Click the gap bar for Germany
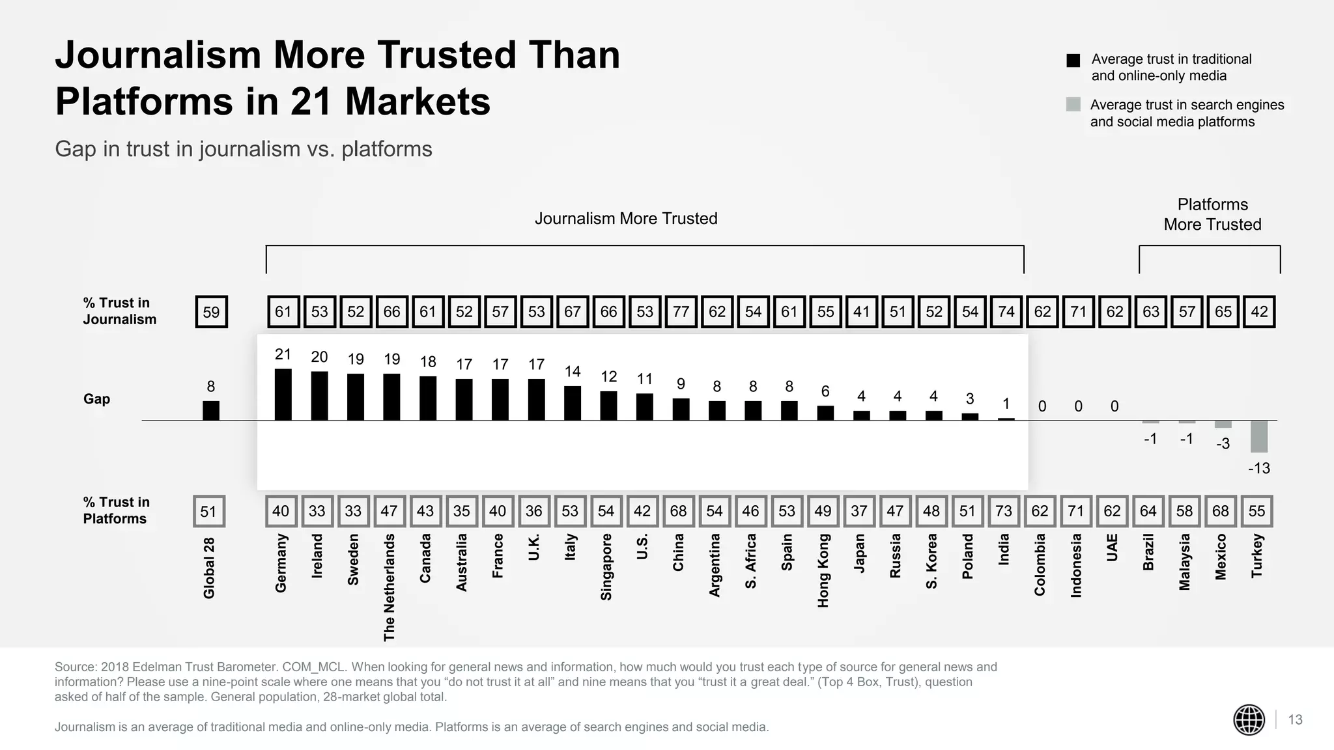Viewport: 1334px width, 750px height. pos(283,395)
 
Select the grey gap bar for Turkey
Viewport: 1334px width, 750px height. pos(1258,436)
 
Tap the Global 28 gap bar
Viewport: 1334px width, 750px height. pos(211,410)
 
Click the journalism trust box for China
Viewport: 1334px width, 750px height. pos(681,312)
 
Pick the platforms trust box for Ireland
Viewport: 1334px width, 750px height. pos(317,511)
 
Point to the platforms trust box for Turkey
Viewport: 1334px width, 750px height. pos(1256,511)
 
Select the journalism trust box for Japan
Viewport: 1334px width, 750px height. pos(861,312)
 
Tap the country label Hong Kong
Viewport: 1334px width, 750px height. pos(823,570)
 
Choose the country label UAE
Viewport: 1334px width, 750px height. pos(1112,548)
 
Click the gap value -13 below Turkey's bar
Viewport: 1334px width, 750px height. pos(1258,468)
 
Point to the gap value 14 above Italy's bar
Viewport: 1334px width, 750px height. pos(572,372)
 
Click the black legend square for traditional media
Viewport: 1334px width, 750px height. pos(1073,61)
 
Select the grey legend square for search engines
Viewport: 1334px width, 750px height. pos(1073,105)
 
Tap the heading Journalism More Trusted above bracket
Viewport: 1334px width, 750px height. pos(625,219)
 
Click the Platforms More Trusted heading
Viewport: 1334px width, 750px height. pos(1212,214)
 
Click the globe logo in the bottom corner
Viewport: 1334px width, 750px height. pos(1249,720)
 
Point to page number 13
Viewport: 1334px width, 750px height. pos(1295,719)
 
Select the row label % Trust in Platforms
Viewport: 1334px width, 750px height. pos(116,510)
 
